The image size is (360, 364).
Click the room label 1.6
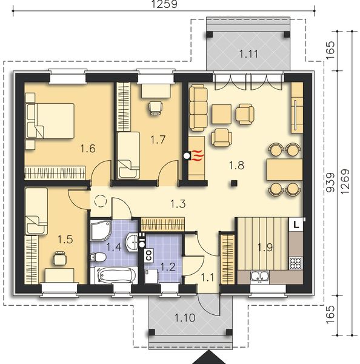tap(88, 147)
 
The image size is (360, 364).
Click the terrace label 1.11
tap(247, 54)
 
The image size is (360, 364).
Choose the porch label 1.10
tap(184, 317)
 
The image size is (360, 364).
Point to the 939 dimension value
tap(330, 183)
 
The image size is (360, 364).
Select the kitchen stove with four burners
tap(296, 263)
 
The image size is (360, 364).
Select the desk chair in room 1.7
tap(155, 107)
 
